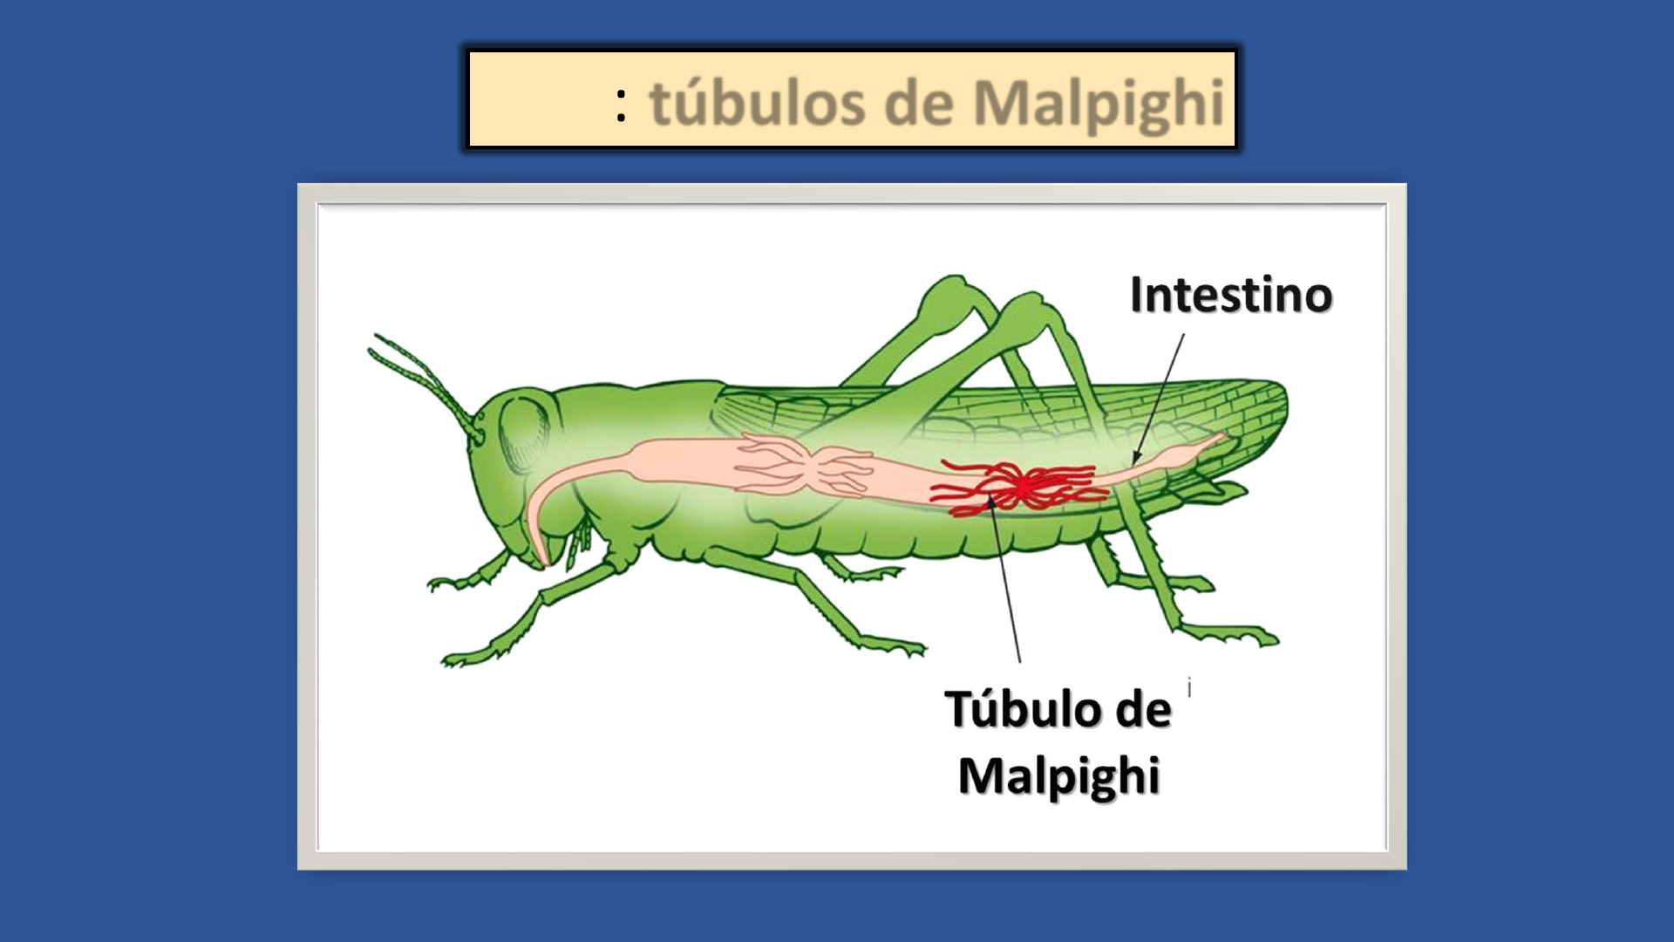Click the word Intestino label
(1231, 295)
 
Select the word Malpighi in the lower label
(1059, 776)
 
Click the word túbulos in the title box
(757, 103)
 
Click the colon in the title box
(621, 106)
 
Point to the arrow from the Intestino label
(1159, 399)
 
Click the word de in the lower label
(1143, 708)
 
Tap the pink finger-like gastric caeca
(802, 466)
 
